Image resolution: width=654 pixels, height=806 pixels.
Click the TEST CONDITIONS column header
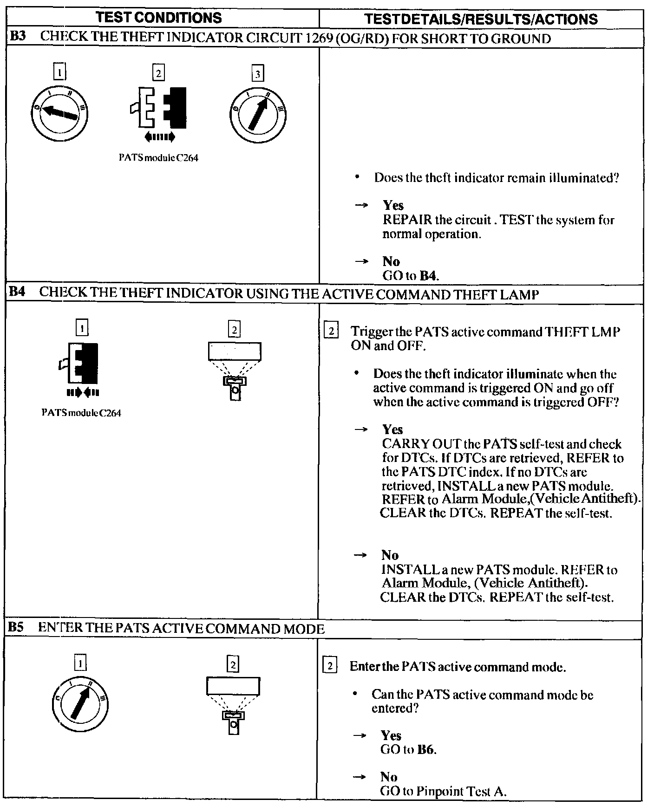point(159,18)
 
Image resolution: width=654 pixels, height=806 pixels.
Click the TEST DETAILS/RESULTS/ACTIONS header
point(481,19)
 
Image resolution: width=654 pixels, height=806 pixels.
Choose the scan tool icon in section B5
point(233,704)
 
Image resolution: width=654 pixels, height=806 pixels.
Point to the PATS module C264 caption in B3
point(158,158)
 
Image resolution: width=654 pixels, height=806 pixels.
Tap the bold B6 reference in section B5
point(426,750)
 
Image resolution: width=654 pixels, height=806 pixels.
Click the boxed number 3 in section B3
point(257,73)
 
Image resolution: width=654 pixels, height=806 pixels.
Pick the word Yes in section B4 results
point(392,429)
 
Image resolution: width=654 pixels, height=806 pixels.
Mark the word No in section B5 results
point(389,777)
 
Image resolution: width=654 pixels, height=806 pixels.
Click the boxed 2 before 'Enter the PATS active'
point(329,667)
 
